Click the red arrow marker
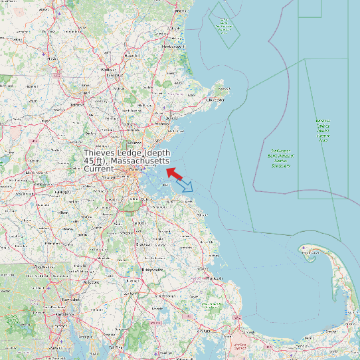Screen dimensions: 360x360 point(174,173)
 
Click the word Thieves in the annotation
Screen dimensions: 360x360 point(100,153)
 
